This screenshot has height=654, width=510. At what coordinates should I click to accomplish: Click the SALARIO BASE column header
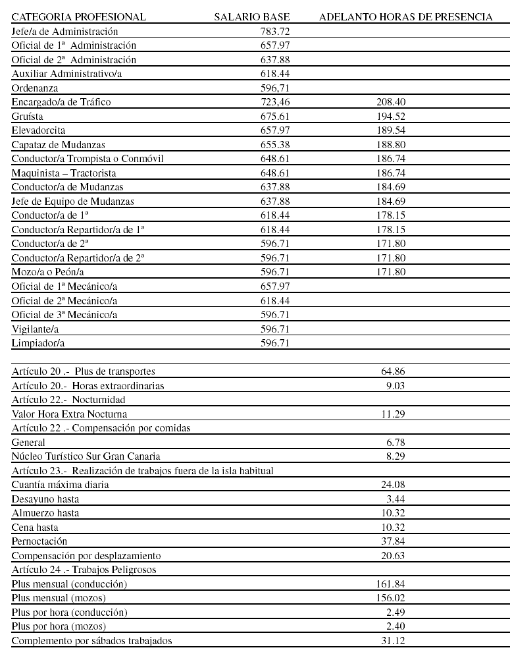[252, 17]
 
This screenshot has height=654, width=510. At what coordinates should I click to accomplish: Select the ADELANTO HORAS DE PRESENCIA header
[405, 17]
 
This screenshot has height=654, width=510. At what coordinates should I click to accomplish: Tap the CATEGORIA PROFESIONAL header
[79, 17]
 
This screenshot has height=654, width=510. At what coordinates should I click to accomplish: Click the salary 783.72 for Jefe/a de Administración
[275, 31]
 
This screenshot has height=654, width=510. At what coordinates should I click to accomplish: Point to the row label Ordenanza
[35, 88]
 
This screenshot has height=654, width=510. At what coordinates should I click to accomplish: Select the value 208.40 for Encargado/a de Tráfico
[392, 102]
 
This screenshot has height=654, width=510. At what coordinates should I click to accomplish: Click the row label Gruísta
[27, 116]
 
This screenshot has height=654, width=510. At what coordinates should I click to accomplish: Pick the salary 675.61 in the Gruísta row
[275, 116]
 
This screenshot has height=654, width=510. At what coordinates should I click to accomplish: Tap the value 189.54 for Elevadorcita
[392, 130]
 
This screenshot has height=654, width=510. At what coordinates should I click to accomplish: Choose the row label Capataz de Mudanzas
[59, 144]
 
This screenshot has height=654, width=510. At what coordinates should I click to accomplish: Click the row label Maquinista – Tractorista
[64, 173]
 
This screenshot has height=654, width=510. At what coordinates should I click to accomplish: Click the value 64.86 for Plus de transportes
[393, 371]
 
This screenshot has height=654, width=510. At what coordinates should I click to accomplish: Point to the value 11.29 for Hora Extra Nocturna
[393, 414]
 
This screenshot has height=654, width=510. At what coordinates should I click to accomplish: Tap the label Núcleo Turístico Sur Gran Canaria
[86, 456]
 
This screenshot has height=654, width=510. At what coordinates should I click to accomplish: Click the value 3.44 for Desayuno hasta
[395, 499]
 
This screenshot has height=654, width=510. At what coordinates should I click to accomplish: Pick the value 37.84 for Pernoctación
[393, 541]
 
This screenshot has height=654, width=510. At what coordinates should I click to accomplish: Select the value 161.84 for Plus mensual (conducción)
[391, 584]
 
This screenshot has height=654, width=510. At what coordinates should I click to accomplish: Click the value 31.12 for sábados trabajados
[393, 640]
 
